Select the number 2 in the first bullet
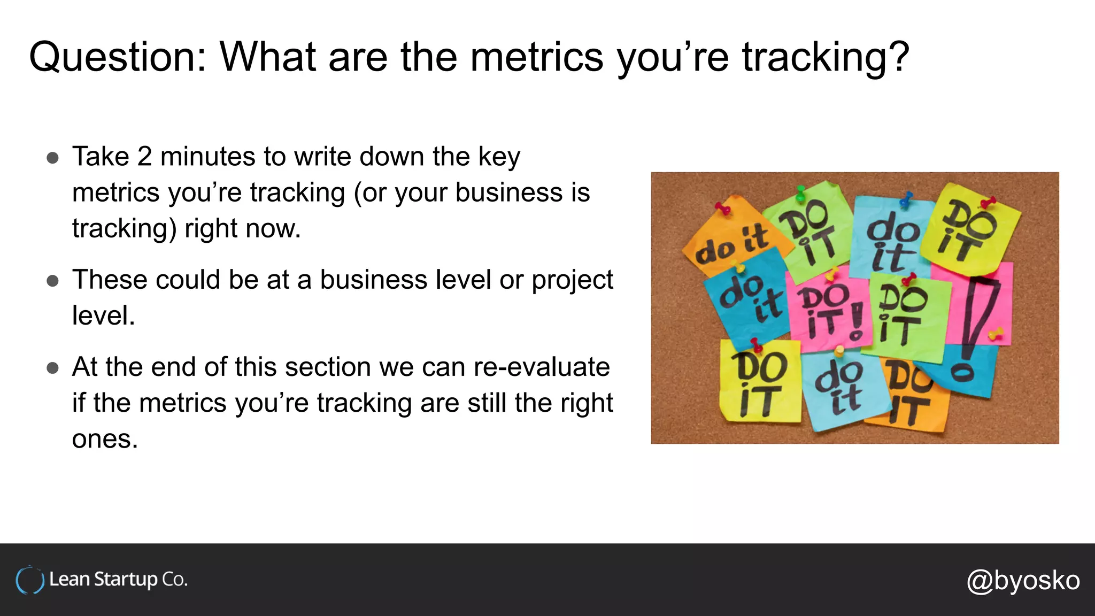pos(144,157)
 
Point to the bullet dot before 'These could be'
pos(52,281)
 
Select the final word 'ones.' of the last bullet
pos(105,440)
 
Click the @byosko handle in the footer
pos(1023,580)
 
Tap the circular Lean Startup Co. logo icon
pos(30,580)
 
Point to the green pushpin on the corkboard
pos(800,194)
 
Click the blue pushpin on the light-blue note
pos(906,199)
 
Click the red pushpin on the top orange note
pos(723,209)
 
